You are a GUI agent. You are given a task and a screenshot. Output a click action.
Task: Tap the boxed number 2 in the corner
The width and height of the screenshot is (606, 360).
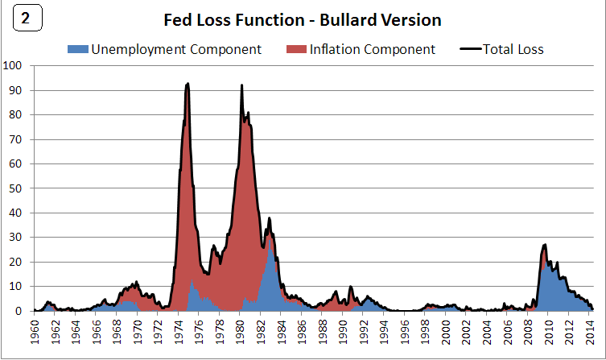26,20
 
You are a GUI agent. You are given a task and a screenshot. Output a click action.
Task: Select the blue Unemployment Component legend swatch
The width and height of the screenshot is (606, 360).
77,50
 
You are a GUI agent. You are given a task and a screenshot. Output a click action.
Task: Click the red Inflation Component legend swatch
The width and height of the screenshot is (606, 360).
295,50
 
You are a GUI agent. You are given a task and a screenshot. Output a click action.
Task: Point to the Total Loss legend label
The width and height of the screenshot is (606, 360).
513,50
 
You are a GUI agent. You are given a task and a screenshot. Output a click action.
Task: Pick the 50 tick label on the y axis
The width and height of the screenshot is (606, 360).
17,188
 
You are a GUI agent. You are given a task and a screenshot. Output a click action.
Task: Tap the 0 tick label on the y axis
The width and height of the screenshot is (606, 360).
20,311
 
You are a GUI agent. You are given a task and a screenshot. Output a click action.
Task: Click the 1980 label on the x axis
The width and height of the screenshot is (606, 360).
241,332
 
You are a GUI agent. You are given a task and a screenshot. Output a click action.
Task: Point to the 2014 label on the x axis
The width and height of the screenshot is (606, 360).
589,332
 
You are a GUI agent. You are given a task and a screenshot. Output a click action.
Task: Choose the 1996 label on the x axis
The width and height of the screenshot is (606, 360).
405,332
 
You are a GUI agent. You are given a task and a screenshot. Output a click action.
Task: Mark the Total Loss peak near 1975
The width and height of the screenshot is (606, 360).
188,83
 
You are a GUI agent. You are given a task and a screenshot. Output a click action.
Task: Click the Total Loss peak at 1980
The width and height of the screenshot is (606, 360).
241,85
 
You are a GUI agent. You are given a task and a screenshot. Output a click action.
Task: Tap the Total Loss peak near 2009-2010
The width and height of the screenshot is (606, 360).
546,245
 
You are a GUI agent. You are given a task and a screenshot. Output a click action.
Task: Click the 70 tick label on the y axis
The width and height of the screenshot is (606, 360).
17,139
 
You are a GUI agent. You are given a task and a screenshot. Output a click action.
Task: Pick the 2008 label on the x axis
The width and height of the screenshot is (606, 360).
528,332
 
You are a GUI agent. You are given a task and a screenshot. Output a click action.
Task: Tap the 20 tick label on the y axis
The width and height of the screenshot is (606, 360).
17,262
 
